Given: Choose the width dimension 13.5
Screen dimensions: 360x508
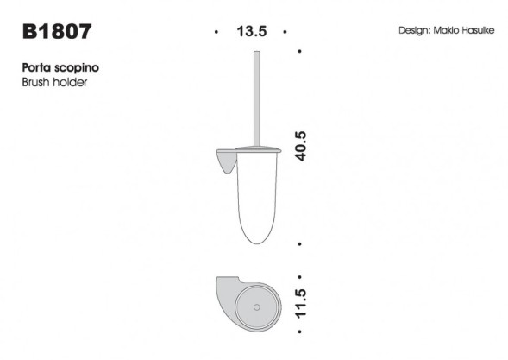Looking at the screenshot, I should [251, 32].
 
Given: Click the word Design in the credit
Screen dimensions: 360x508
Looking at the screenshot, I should [417, 30].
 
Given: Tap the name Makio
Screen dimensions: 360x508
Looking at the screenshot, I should [452, 30].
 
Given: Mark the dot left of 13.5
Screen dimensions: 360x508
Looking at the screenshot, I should [216, 33].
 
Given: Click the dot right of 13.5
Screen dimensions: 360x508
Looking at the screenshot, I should [285, 33].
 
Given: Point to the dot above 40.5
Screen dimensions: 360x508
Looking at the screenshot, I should [299, 50].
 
